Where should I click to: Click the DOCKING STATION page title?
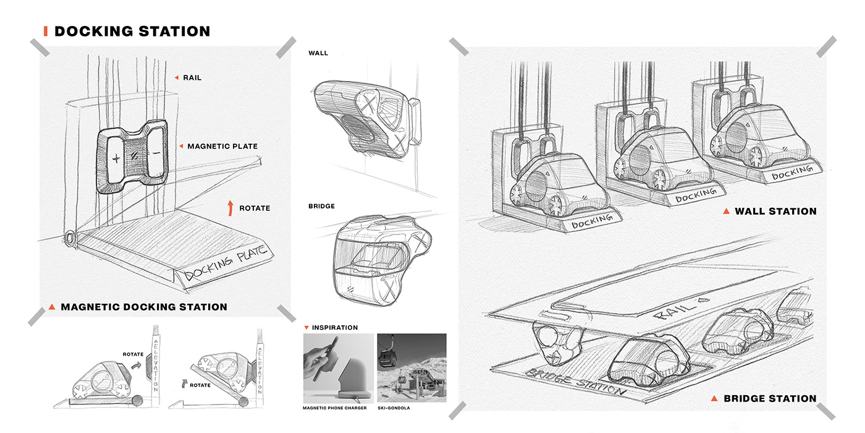click(x=132, y=31)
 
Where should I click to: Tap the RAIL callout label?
click(x=192, y=78)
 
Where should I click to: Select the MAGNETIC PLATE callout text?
click(x=222, y=146)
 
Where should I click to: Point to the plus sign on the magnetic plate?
click(x=116, y=158)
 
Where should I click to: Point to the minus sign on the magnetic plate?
click(x=156, y=152)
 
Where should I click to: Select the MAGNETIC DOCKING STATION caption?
click(x=143, y=307)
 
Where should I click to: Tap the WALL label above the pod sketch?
click(x=318, y=53)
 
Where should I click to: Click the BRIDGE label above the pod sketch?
click(x=321, y=206)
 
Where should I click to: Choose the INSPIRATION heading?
click(x=334, y=327)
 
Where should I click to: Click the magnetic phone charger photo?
click(x=338, y=368)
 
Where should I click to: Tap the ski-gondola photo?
click(x=411, y=368)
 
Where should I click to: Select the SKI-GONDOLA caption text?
click(x=394, y=408)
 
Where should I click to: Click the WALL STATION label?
click(x=775, y=212)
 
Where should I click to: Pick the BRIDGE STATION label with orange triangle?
click(x=769, y=398)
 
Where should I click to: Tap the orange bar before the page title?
click(x=45, y=31)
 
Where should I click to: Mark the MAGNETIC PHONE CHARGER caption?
click(x=335, y=408)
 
